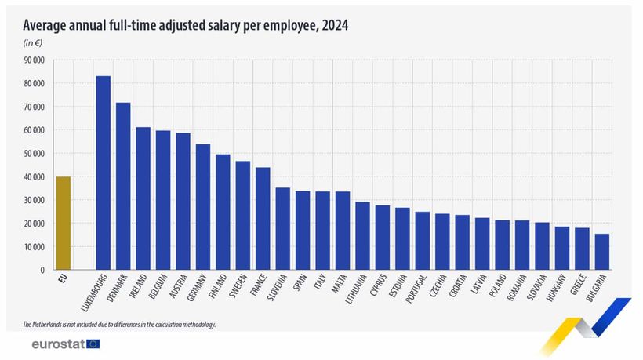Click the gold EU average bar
(63, 224)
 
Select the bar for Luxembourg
(103, 173)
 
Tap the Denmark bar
(123, 186)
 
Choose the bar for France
(263, 219)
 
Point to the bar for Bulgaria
(602, 252)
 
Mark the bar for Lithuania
(362, 235)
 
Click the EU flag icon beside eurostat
(93, 344)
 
